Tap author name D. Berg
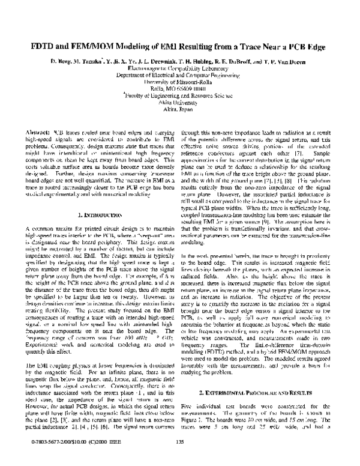coord(62,62)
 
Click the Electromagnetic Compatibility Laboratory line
coord(179,70)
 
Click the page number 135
coord(179,443)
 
